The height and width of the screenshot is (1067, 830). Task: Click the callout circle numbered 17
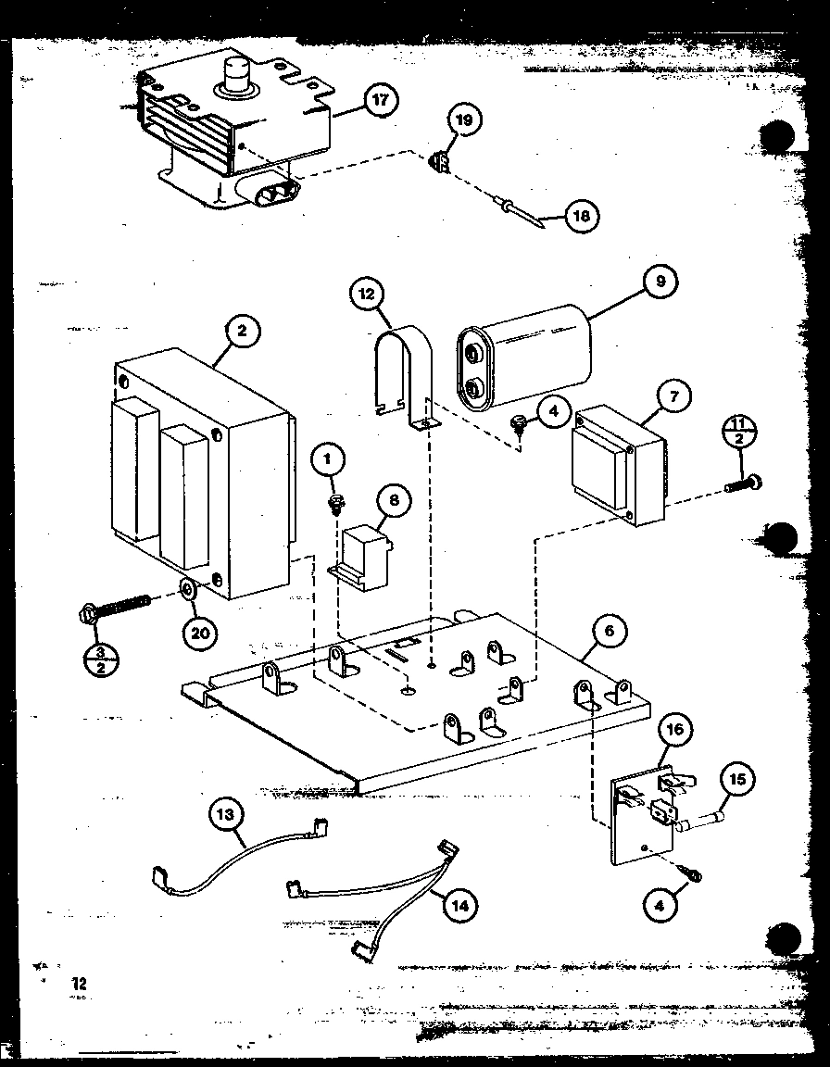[x=380, y=99]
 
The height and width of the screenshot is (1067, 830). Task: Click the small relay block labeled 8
[x=363, y=556]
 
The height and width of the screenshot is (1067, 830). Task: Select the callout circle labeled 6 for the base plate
[x=609, y=633]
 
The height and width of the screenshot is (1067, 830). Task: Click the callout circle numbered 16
[x=675, y=729]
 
